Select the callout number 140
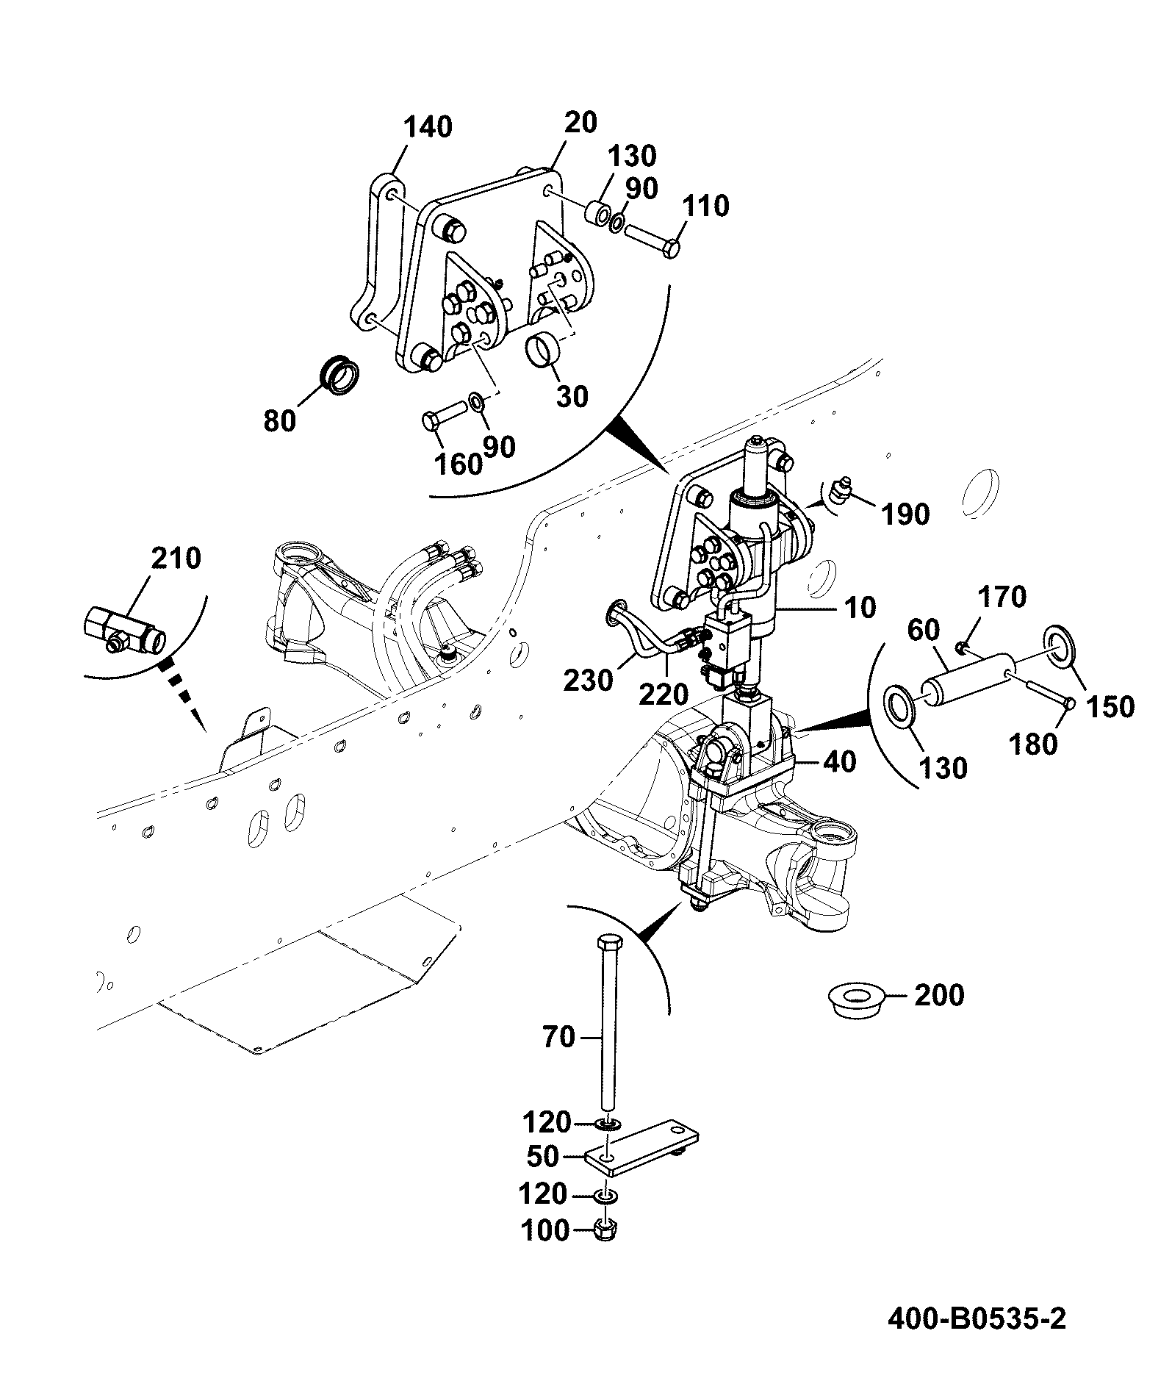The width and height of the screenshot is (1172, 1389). pos(428,128)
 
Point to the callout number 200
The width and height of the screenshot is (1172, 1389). pos(939,995)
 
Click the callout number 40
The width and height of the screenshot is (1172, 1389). pos(839,761)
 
